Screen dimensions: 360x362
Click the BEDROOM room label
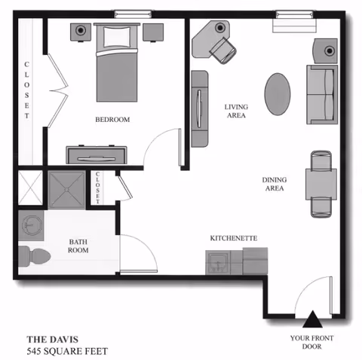click(112, 120)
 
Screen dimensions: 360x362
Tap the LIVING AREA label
click(236, 111)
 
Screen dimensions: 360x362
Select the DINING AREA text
click(273, 185)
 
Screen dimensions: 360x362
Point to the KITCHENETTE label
click(234, 238)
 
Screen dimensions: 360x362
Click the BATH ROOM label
click(79, 247)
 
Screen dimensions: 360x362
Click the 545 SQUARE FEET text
click(67, 351)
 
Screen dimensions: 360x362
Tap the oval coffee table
click(277, 93)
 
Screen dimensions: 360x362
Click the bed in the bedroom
click(118, 66)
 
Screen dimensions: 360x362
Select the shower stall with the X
click(30, 187)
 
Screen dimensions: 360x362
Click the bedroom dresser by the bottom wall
click(97, 154)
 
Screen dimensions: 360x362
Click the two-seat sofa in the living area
click(321, 93)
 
